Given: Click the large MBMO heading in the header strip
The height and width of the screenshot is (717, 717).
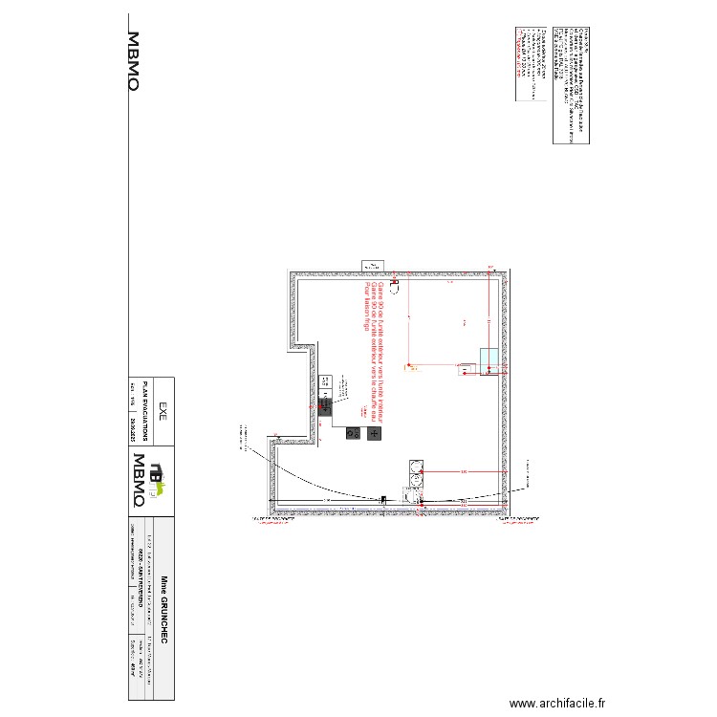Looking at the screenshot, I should [135, 62].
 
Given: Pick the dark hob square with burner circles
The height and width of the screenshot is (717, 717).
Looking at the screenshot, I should [353, 433].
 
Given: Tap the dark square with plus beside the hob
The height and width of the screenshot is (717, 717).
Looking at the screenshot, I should [374, 433].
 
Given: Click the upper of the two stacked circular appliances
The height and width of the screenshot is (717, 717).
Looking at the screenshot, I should [417, 468].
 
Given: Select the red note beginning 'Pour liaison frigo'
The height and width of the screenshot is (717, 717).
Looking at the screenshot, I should [364, 305].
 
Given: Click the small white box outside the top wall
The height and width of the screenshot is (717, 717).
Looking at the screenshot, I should [370, 265].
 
